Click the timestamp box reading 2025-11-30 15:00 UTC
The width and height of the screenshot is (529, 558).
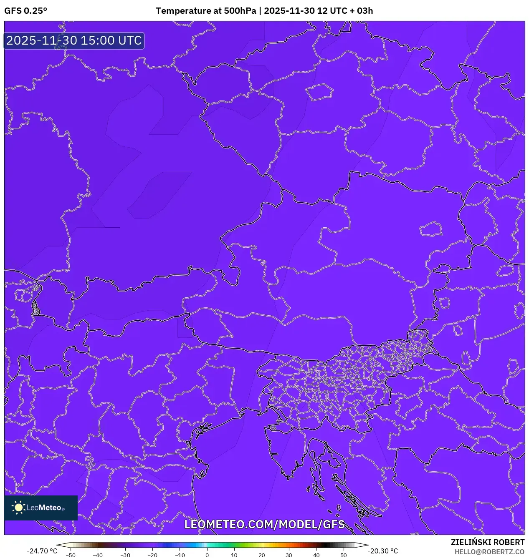[74, 40]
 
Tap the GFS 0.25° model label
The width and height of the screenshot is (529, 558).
[25, 11]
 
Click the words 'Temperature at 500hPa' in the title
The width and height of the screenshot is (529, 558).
[206, 11]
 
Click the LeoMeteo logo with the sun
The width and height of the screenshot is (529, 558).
[41, 508]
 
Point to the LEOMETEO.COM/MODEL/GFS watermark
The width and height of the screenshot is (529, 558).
[264, 524]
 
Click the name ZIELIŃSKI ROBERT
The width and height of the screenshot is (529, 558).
[487, 542]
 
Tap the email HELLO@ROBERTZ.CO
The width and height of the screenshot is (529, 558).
[489, 552]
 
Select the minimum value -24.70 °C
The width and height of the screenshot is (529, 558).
[42, 551]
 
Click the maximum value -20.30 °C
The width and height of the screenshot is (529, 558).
[382, 551]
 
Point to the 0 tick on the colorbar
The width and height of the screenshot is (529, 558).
[207, 555]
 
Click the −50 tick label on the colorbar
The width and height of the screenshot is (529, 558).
[71, 555]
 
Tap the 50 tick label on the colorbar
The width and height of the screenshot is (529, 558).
[344, 555]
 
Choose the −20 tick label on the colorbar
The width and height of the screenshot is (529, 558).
[152, 555]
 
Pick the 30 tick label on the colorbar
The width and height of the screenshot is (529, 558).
[289, 555]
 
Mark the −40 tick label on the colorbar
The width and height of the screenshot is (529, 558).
[98, 555]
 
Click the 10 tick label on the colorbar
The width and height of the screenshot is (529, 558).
[234, 555]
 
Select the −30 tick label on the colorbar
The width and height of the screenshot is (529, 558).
[125, 555]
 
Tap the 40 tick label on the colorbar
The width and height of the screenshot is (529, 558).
[316, 555]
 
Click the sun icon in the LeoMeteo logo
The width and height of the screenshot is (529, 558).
[18, 508]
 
